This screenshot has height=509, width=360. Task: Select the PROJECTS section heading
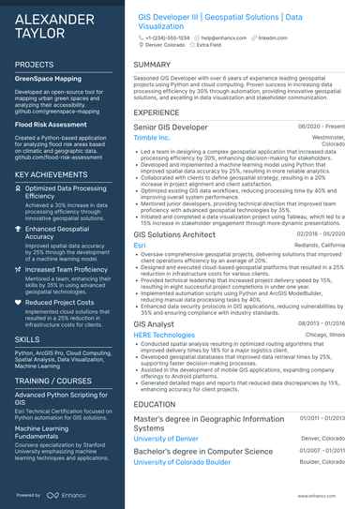(35, 65)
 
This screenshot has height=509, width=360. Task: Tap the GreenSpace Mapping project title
(48, 80)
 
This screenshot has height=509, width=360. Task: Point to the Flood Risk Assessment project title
(49, 124)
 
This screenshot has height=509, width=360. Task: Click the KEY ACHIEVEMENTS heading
(52, 174)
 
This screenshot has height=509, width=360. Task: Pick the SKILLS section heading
(27, 338)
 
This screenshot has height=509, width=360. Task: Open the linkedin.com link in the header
(273, 37)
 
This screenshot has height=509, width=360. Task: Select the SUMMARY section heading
(151, 65)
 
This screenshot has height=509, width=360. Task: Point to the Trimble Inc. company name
(153, 138)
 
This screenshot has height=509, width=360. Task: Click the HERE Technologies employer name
(164, 335)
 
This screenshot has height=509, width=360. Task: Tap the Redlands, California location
(321, 245)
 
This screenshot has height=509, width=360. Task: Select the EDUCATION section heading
(156, 404)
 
